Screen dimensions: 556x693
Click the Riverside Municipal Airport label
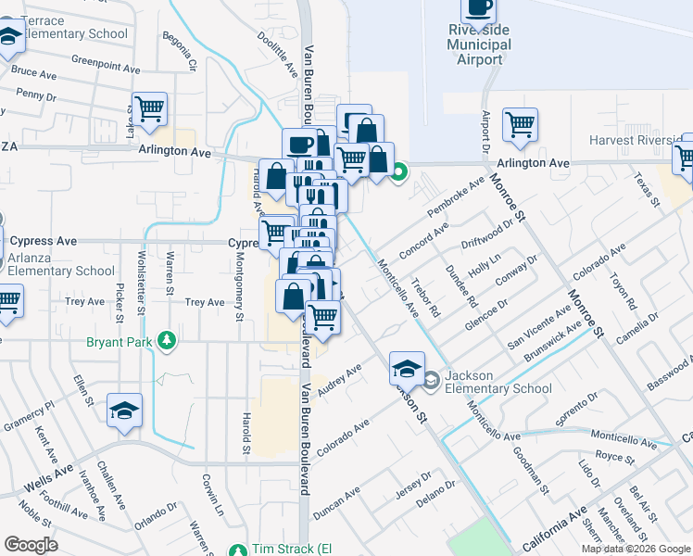pyautogui.click(x=478, y=44)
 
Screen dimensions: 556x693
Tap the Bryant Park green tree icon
pyautogui.click(x=167, y=341)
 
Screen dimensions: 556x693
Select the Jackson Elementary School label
pyautogui.click(x=489, y=383)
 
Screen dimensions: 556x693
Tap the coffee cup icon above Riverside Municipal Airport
pyautogui.click(x=478, y=8)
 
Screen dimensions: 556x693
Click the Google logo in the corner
pyautogui.click(x=31, y=546)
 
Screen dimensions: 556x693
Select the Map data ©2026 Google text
pyautogui.click(x=636, y=549)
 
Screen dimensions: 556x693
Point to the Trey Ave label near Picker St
pyautogui.click(x=85, y=302)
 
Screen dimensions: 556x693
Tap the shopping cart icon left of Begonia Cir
pyautogui.click(x=149, y=108)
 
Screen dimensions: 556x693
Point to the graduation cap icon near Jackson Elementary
pyautogui.click(x=406, y=368)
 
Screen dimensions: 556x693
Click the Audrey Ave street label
pyautogui.click(x=338, y=380)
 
